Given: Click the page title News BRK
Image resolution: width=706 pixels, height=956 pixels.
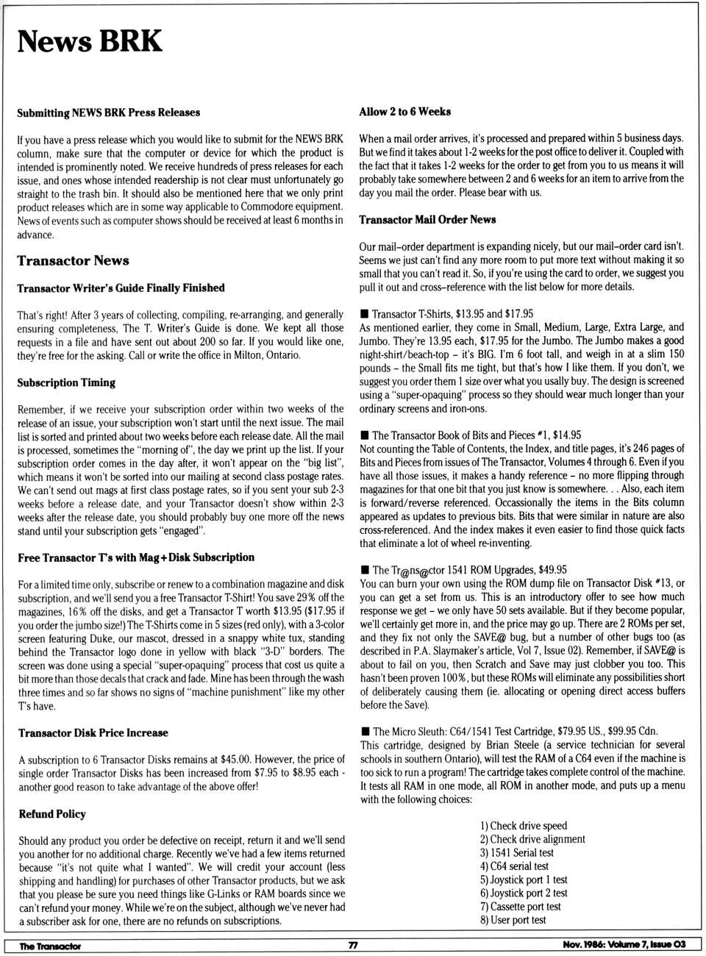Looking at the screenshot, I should pos(89,41).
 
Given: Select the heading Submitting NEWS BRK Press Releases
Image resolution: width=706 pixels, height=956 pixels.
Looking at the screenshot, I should pos(108,113).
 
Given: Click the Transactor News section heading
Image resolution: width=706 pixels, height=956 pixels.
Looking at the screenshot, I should pos(73,260).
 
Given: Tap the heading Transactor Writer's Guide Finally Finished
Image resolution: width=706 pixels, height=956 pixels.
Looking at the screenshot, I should pos(121,288).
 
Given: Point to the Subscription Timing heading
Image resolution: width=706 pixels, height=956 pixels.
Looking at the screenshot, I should pos(66,382).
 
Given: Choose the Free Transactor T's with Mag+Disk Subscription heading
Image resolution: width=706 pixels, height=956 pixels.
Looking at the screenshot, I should pos(136,557).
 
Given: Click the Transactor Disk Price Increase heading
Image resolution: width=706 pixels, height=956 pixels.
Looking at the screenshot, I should pos(93,732).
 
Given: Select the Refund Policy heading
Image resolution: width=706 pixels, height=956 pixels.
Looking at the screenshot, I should pos(52,814).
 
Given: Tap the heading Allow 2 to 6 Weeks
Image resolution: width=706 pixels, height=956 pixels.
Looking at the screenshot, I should pos(404,112).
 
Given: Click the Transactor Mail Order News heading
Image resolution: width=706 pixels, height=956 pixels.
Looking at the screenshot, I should pos(427,219).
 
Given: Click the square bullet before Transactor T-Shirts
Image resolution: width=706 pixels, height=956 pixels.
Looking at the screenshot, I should pos(364,314).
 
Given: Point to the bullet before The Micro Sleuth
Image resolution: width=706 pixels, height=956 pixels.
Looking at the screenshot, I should pos(365,732).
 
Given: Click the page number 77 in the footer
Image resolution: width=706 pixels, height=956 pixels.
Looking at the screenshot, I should pos(353,945).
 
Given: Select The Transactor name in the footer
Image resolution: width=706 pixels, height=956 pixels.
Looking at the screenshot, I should pos(50,946).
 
